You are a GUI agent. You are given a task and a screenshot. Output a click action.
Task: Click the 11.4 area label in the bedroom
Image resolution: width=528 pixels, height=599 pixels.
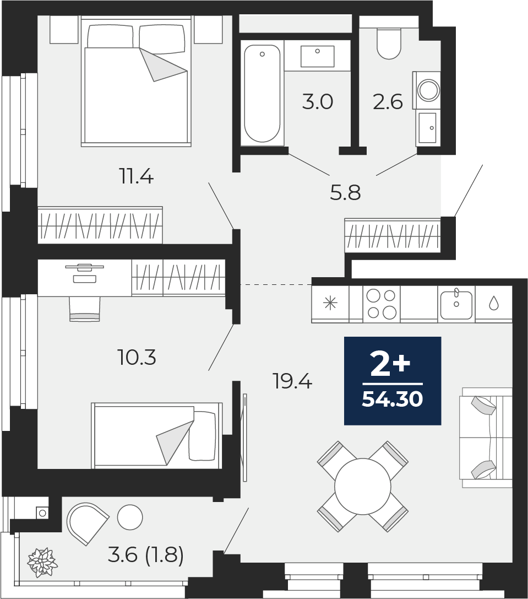tap(136, 177)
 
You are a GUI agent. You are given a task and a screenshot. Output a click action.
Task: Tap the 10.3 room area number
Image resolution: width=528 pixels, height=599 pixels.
tap(137, 358)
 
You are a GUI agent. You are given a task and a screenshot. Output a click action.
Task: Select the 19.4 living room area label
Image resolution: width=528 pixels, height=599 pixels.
tap(292, 381)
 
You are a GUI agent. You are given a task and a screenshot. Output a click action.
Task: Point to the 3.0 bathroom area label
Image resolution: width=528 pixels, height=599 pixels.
tap(318, 102)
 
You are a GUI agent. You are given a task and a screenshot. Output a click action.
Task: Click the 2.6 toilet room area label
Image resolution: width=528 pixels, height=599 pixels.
tap(388, 102)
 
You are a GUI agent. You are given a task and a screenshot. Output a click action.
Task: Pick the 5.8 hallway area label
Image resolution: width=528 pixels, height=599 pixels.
tap(345, 193)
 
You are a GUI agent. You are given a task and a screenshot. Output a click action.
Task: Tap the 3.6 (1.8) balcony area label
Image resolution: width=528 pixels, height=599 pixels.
tap(145, 555)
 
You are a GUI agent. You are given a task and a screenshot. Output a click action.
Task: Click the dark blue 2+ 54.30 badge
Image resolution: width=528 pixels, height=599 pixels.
tap(393, 381)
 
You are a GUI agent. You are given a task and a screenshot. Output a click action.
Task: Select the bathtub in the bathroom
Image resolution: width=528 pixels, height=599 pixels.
tap(262, 94)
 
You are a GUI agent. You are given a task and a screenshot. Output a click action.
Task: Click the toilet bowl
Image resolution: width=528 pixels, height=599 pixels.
tap(389, 45)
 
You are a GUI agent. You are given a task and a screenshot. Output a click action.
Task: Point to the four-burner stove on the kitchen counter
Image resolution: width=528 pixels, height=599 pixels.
tap(382, 304)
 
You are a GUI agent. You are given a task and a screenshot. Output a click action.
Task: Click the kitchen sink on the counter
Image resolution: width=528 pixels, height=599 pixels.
tap(456, 304)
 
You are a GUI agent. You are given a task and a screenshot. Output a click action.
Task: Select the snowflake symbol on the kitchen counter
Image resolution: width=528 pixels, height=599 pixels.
tap(330, 304)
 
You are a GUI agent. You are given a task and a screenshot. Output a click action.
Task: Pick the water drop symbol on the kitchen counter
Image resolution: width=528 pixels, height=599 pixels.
tap(493, 303)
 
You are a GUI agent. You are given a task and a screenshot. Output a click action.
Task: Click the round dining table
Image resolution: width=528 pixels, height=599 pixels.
tap(362, 486)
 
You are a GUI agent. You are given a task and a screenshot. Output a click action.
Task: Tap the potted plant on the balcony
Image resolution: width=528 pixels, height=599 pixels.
tap(42, 563)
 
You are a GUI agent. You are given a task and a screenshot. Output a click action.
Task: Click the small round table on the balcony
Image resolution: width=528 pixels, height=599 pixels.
tap(130, 517)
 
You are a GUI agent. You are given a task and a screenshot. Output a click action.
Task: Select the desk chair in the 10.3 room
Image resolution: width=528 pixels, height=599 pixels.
tap(84, 309)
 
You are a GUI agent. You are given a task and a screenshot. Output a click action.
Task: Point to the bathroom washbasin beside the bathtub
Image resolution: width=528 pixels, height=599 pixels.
tap(318, 56)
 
